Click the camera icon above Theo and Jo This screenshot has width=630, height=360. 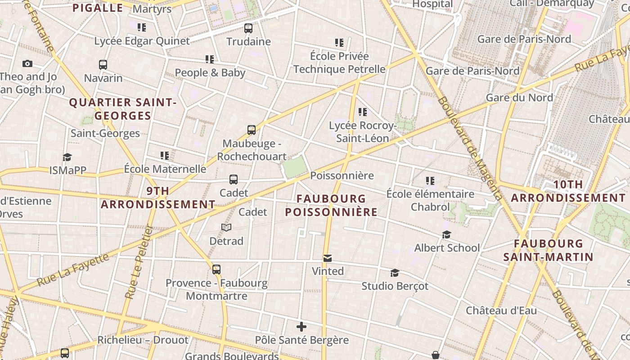[x=27, y=64]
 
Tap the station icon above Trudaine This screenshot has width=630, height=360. [x=248, y=28]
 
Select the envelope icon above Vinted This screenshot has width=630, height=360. [x=328, y=258]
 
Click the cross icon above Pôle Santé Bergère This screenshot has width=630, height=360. [x=301, y=327]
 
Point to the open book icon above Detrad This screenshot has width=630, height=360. [x=226, y=228]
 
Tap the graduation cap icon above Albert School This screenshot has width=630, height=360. [x=446, y=235]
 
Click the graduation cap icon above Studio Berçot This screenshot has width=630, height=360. [x=395, y=273]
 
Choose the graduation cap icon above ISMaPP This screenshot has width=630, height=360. [x=67, y=157]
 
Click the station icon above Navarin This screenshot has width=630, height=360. [x=103, y=65]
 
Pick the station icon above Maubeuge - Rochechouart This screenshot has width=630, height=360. [x=252, y=130]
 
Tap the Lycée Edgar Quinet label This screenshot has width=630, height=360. [x=142, y=41]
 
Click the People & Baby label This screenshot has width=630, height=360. [x=210, y=72]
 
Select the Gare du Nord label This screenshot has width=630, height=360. [x=519, y=98]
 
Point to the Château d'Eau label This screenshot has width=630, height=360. [x=501, y=310]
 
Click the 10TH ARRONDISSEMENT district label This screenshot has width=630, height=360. [x=568, y=191]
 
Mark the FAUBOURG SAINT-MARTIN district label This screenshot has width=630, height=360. [x=548, y=250]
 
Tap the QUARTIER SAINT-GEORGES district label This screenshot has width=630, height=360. [x=123, y=109]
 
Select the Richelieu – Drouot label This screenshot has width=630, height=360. [x=143, y=340]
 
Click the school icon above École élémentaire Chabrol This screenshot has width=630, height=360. [x=430, y=181]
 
